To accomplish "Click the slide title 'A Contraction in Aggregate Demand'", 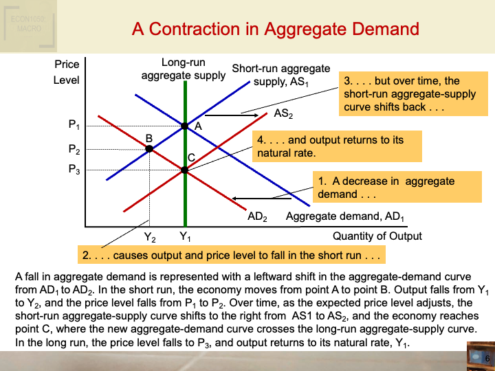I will coord(275,29).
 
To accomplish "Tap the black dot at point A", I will coord(185,126).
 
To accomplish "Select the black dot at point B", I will coord(149,148).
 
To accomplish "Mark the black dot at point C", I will coord(185,170).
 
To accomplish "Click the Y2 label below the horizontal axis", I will coord(149,237).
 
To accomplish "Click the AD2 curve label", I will coord(257,217).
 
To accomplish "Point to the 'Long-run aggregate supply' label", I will coord(183,69).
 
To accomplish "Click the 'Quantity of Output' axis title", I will coord(377,236).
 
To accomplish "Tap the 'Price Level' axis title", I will coord(67,72).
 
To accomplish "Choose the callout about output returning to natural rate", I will coord(329,146).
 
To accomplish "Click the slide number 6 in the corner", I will coord(487,359).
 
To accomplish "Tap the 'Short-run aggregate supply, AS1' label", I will coord(281,76).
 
